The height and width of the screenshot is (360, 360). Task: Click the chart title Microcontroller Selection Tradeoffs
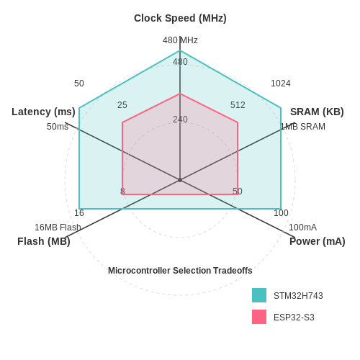click(180, 271)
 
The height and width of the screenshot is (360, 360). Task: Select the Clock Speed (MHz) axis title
click(180, 18)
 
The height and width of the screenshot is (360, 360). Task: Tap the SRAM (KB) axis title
click(317, 112)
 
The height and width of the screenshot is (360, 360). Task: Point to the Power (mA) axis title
click(318, 241)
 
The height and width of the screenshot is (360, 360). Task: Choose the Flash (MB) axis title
click(44, 241)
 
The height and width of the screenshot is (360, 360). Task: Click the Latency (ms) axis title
click(43, 112)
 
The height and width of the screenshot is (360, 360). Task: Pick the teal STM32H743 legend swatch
click(259, 295)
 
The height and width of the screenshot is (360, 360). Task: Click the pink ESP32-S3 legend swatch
click(259, 317)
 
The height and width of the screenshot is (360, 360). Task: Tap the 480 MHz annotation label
click(180, 40)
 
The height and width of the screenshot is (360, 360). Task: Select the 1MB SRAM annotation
click(303, 127)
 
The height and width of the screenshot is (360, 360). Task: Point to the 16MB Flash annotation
click(58, 228)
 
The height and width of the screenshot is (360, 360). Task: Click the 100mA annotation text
click(302, 228)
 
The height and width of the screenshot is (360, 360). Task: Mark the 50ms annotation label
click(58, 127)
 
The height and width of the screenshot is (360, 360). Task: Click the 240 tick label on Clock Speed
click(180, 120)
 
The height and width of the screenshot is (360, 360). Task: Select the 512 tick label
click(238, 105)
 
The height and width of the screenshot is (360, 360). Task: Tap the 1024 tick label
click(281, 84)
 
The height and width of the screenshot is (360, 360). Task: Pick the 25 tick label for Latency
click(122, 105)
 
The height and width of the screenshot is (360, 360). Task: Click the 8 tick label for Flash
click(122, 192)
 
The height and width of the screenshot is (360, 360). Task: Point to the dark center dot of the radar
click(180, 180)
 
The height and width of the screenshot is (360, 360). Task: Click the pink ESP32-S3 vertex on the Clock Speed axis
click(180, 94)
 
